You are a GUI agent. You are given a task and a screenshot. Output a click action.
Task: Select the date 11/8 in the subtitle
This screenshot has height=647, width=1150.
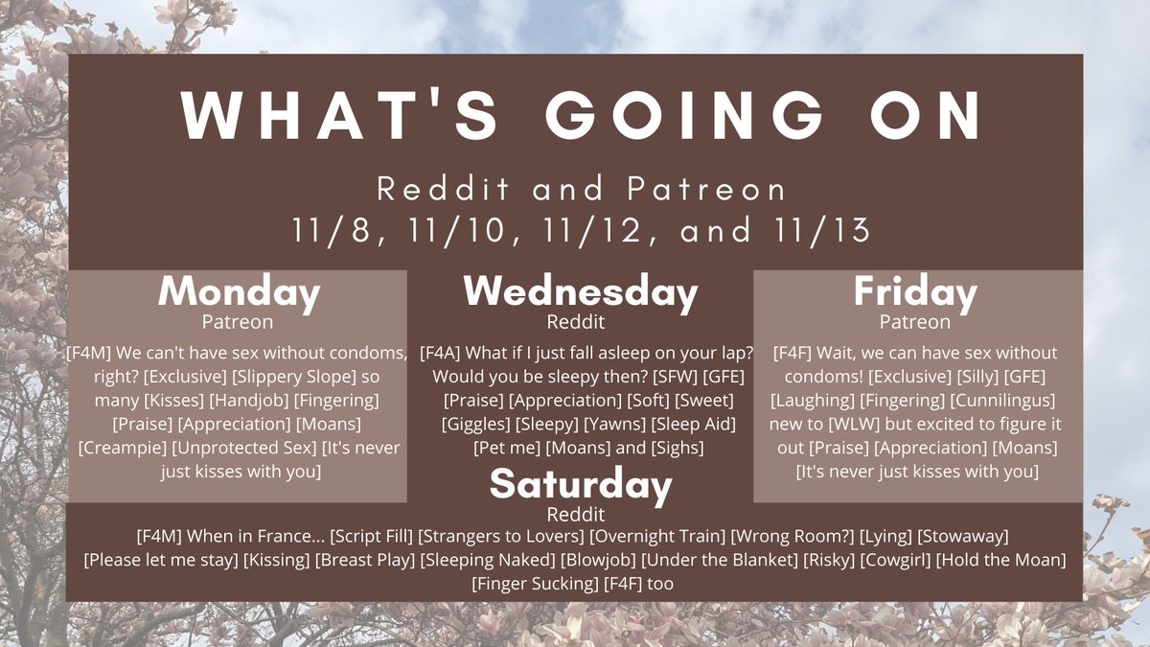337,231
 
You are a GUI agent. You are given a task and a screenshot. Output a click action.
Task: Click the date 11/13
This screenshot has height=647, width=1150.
821,231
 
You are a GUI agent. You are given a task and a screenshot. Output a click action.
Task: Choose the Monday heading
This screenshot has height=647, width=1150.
240,292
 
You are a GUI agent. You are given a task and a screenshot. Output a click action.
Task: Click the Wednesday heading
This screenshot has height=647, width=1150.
581,292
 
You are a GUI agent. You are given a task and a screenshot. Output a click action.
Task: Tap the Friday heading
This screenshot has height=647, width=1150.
915,292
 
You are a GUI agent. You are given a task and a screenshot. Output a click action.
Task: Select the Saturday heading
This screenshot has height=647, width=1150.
581,484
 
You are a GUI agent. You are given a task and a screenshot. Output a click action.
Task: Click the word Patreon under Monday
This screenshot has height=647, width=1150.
238,322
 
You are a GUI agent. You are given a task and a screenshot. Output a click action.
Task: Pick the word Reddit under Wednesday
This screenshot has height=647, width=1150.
576,322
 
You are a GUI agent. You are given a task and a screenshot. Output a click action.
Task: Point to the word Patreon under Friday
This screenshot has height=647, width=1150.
915,322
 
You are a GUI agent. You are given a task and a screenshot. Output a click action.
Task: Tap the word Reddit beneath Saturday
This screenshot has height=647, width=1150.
576,514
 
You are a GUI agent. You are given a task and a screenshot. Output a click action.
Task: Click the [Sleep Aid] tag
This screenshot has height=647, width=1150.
694,424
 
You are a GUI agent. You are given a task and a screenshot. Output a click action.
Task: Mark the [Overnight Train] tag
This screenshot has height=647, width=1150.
657,536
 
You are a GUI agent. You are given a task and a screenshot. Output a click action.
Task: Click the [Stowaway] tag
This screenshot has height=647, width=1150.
963,536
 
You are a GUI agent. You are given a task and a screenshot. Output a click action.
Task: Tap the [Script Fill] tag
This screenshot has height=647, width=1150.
371,536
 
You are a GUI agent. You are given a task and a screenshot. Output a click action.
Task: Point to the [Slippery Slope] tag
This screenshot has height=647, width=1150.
293,377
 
